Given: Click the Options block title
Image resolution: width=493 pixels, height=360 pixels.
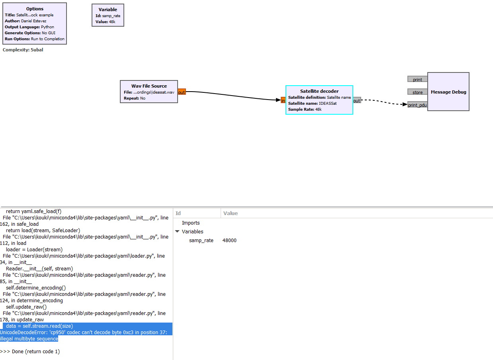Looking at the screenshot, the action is click(35, 9).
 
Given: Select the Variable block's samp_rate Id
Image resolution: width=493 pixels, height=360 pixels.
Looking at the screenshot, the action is click(111, 16).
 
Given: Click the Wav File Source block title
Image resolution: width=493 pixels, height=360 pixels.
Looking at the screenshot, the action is click(149, 86).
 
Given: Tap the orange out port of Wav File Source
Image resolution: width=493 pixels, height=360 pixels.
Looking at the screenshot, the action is click(182, 92).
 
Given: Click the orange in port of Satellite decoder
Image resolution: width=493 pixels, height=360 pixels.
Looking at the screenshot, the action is click(283, 101).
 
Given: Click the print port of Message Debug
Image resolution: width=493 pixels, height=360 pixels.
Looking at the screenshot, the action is click(417, 79).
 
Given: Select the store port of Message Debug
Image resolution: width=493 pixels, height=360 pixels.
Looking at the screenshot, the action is click(417, 92).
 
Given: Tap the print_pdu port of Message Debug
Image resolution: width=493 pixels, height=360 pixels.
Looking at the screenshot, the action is click(417, 105).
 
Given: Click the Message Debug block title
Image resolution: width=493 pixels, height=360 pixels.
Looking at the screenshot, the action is click(448, 92).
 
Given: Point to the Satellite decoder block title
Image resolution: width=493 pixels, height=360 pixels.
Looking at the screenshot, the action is click(319, 91).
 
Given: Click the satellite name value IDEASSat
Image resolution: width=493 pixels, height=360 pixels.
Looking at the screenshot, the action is click(327, 104).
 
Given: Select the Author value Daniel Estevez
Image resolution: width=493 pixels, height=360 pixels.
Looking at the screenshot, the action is click(34, 21).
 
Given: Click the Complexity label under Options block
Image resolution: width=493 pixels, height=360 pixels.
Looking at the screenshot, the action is click(23, 50).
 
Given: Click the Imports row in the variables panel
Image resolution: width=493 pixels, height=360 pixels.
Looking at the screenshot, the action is click(191, 223).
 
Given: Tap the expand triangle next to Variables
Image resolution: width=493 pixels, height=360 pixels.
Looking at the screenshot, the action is click(177, 231).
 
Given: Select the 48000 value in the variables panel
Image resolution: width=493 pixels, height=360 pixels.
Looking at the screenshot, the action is click(229, 240).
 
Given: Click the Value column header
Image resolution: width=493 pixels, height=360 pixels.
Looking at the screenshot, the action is click(231, 213).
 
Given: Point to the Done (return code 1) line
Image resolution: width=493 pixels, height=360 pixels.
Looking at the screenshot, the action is click(30, 351).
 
